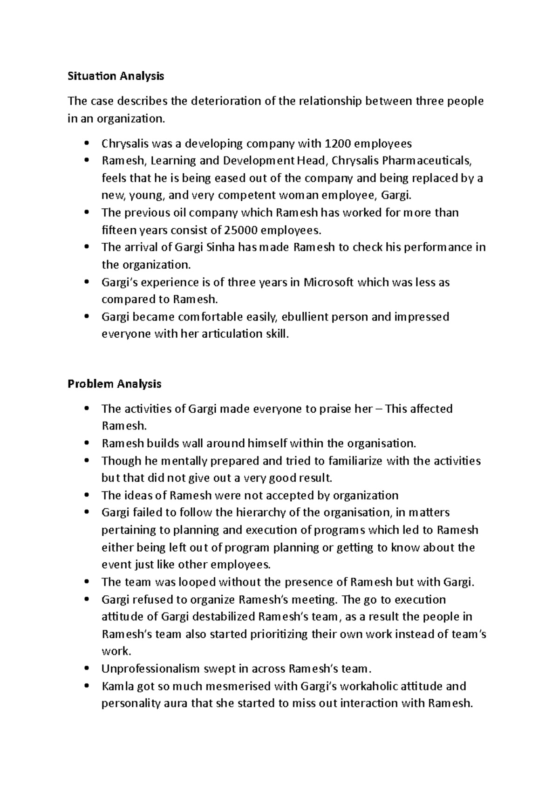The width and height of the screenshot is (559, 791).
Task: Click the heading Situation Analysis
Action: (x=116, y=76)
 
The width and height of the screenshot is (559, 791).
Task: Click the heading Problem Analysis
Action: (x=114, y=384)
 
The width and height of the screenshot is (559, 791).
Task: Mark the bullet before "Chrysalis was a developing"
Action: (x=86, y=143)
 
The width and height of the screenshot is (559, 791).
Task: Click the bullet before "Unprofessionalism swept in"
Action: (x=86, y=669)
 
